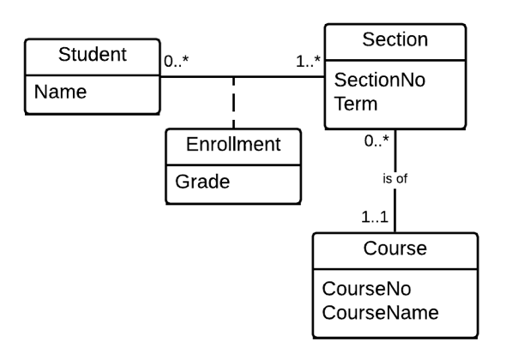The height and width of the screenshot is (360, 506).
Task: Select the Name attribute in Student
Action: pos(59,93)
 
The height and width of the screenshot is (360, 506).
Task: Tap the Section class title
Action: pos(395,39)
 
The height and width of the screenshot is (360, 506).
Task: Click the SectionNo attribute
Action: pos(378,80)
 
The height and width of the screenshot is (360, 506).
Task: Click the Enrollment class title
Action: pos(233,144)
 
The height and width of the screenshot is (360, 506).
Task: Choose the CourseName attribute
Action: pos(380,313)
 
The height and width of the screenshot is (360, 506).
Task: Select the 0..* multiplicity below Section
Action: pos(375,141)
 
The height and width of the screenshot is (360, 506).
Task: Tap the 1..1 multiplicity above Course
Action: pos(374,217)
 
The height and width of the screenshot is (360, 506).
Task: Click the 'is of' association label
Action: pos(395,179)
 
